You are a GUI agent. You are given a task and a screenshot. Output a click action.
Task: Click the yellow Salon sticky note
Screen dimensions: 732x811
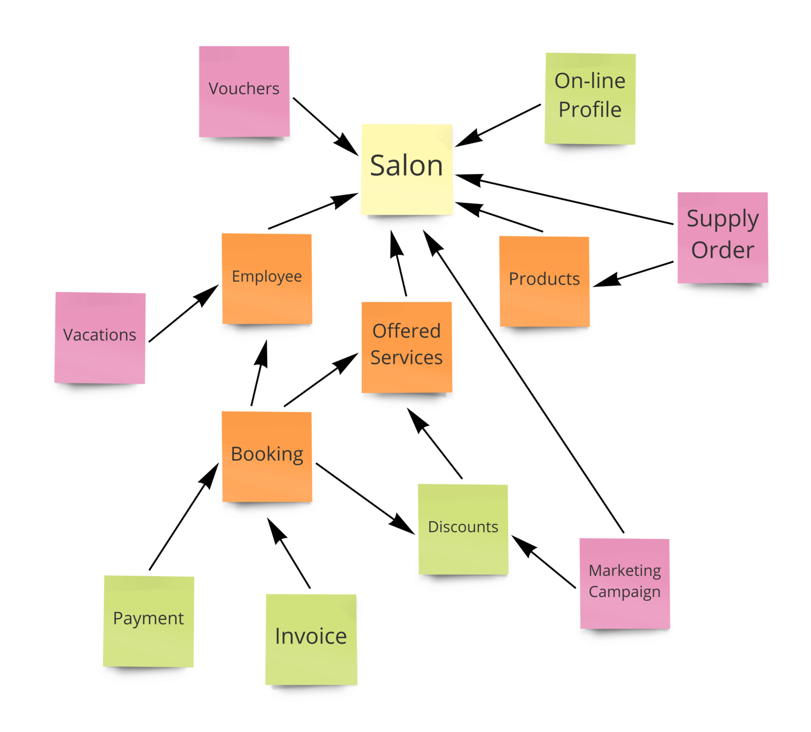point(407,169)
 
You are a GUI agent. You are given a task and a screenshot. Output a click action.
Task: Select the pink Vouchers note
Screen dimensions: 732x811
point(244,91)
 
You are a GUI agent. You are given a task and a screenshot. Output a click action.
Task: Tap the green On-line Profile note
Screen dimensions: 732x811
point(590,98)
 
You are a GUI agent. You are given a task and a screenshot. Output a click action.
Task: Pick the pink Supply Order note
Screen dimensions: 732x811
point(723,237)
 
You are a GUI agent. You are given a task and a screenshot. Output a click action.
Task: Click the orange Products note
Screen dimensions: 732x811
point(544,281)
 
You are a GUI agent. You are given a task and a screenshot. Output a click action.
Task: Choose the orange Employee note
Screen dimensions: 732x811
point(267,278)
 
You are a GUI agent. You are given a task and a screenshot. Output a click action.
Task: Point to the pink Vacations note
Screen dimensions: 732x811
point(100,337)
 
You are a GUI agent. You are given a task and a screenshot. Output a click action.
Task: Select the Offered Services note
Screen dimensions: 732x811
point(407,347)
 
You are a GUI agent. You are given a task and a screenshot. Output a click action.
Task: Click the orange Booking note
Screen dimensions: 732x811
point(267,456)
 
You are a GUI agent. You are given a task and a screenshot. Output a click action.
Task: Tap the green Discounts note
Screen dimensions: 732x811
point(463,529)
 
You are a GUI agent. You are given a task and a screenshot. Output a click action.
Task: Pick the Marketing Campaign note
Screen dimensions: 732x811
point(625,583)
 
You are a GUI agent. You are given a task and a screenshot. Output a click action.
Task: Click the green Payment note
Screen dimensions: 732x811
point(149,621)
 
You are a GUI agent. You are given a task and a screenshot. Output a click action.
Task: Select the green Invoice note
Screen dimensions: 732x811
point(311,639)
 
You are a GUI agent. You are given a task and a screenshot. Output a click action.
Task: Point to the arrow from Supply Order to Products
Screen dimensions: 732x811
point(634,273)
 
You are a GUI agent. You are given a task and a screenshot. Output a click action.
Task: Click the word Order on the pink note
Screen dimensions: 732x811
point(723,251)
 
